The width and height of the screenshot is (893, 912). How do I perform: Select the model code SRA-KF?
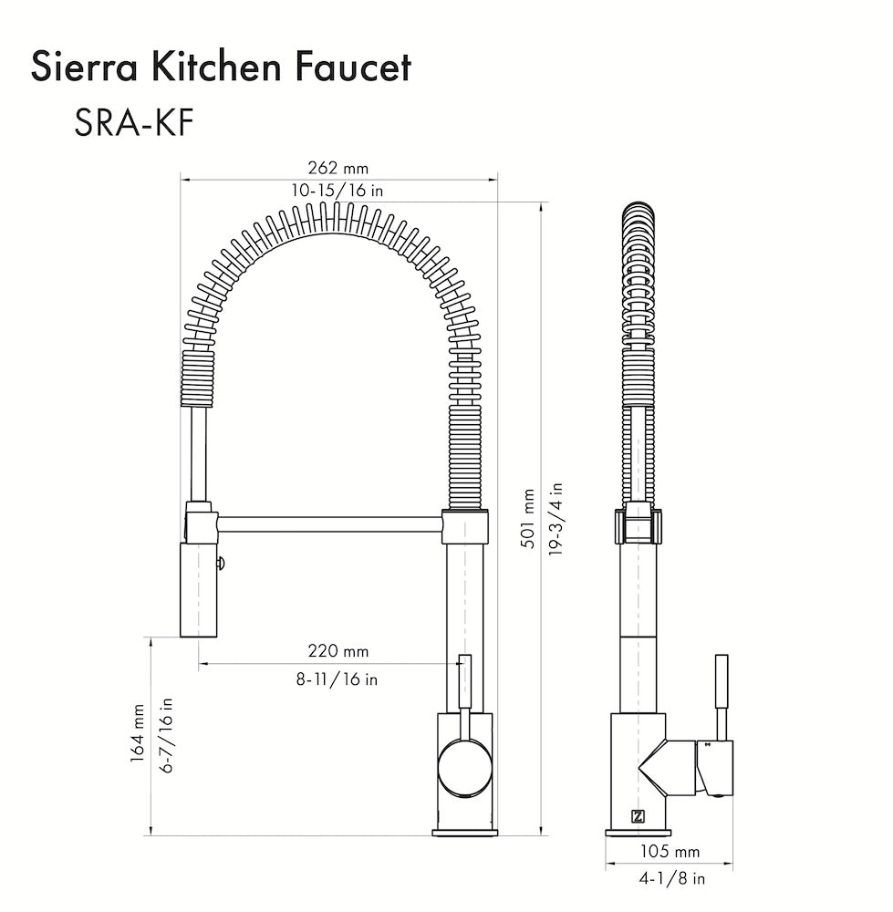point(133,122)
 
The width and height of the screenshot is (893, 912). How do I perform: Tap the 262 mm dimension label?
point(337,168)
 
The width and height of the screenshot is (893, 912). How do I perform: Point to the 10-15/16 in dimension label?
point(337,191)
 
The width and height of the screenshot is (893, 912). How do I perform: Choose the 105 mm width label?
point(670,852)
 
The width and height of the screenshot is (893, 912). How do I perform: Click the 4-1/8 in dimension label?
point(670,879)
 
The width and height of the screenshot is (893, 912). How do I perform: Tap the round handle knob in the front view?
point(464,767)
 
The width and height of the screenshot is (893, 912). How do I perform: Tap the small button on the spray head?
point(220,565)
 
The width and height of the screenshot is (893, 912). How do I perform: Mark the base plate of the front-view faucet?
point(465,832)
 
